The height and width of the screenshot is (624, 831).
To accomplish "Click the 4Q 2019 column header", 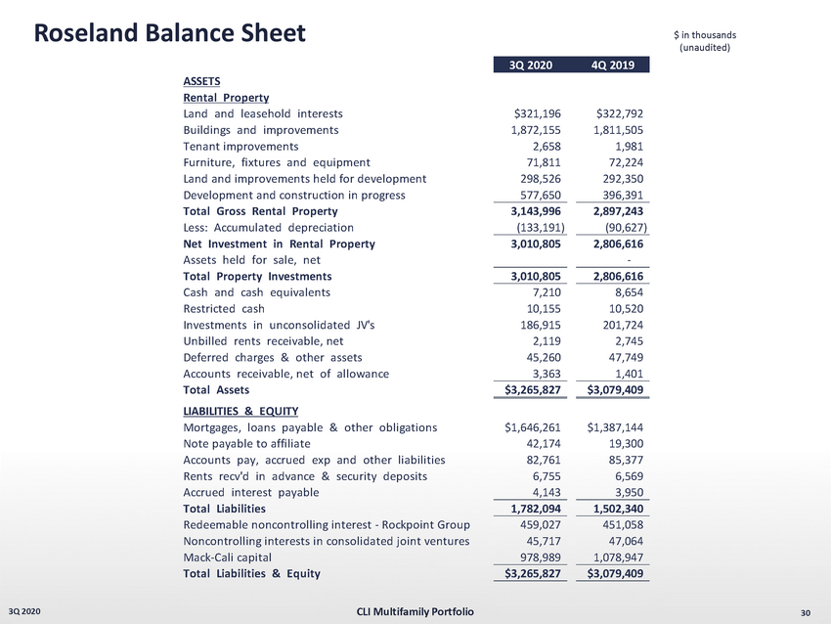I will point(612,66).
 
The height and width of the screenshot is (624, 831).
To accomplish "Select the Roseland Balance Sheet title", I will point(170,33).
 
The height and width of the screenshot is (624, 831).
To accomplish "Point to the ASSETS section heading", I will point(201,82).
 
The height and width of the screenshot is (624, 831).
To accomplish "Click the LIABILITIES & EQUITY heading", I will point(241,411).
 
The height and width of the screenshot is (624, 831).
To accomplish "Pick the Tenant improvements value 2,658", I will point(546,146).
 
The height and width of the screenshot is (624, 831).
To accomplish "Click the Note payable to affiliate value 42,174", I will point(542,444).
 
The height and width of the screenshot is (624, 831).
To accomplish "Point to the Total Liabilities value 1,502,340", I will point(612,509).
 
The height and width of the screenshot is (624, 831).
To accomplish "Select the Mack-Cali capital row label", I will point(231,557).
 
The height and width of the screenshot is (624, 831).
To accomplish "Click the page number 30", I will point(806,613).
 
